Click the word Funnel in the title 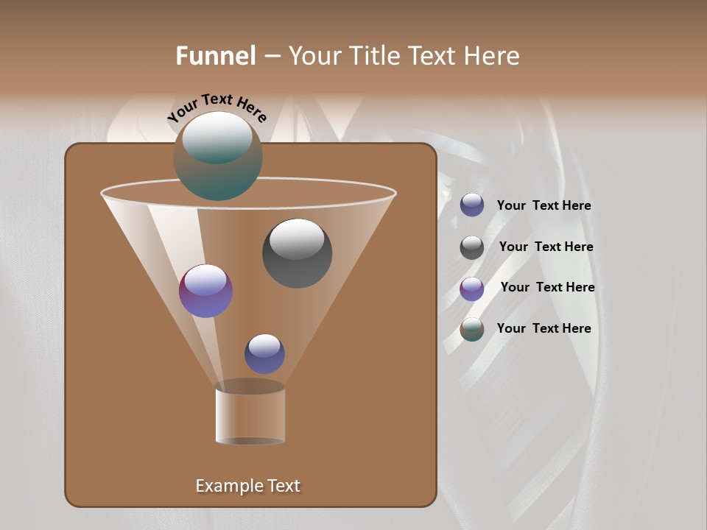[215, 56]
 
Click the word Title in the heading [373, 56]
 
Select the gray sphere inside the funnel [297, 254]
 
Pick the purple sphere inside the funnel [205, 291]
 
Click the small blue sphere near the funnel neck [264, 354]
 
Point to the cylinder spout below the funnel [250, 414]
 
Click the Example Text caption [247, 486]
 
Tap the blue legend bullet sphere [472, 205]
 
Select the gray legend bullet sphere [472, 247]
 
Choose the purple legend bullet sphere [472, 289]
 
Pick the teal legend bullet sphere [472, 329]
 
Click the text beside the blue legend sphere [544, 206]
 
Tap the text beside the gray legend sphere [546, 247]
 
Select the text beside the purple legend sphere [547, 288]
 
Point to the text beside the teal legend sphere [544, 328]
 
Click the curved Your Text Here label [217, 107]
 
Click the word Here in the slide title [493, 56]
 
